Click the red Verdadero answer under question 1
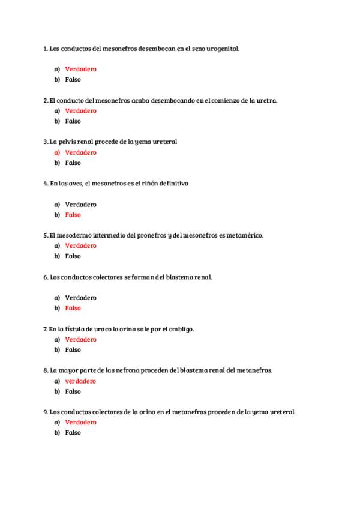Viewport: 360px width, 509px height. pos(80,69)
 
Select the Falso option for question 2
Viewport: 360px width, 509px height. pos(73,121)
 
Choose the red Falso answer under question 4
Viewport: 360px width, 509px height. pos(73,215)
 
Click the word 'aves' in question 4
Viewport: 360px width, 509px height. pos(76,183)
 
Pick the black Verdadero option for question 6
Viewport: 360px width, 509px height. pos(80,298)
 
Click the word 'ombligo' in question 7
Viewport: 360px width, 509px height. pos(181,329)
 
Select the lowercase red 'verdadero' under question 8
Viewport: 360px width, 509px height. pos(80,381)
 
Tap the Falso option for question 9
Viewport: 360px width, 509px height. pos(73,433)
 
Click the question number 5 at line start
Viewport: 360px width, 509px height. pos(45,235)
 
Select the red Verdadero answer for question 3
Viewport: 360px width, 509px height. pos(80,152)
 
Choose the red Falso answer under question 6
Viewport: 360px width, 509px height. pos(73,308)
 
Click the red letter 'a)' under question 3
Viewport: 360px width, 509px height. pos(57,152)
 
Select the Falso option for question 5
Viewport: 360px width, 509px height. pos(73,256)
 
